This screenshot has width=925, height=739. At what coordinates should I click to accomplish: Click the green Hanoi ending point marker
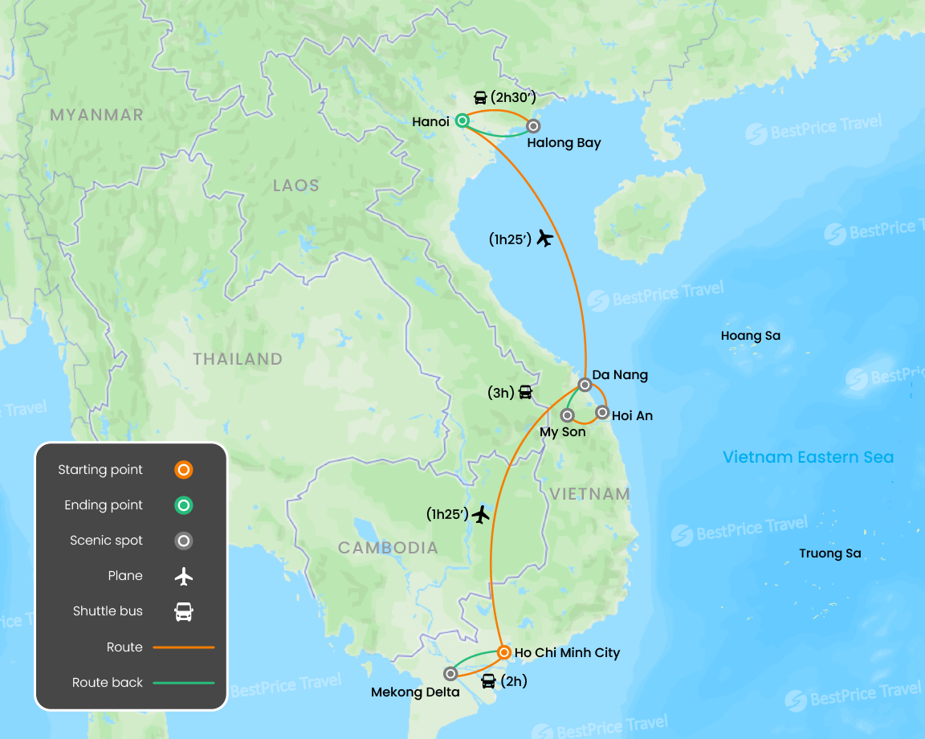462,121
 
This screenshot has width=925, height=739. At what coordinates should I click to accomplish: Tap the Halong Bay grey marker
532,126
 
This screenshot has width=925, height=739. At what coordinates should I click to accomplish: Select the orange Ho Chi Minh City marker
503,652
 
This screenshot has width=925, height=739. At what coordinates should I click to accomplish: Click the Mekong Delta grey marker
450,674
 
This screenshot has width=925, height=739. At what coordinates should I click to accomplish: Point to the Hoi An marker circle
602,412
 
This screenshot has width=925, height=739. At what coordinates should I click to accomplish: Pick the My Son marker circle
567,415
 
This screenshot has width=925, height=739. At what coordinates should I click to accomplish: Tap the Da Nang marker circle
585,385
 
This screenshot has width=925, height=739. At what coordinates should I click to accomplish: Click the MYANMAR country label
96,115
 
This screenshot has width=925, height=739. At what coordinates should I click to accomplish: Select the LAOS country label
295,186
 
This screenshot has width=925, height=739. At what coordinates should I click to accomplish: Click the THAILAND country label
238,359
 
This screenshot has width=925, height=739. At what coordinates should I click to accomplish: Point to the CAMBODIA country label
388,548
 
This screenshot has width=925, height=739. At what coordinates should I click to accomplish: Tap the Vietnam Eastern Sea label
808,457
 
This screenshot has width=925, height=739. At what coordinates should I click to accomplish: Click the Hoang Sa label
750,336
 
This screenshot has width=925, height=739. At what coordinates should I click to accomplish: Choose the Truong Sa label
829,553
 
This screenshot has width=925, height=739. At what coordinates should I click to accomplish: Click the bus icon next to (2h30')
480,98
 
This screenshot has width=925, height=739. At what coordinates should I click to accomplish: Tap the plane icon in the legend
184,576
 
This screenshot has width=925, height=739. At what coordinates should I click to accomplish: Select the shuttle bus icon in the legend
184,611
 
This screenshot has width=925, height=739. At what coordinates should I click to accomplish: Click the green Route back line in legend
184,683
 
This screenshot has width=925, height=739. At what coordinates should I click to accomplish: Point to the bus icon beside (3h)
525,393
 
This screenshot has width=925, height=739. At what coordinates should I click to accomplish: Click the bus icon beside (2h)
488,682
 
